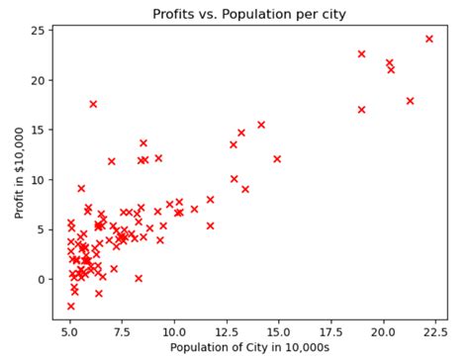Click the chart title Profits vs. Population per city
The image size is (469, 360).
pyautogui.click(x=248, y=14)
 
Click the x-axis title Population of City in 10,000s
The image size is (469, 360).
pyautogui.click(x=248, y=347)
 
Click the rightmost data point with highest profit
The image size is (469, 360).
pyautogui.click(x=428, y=39)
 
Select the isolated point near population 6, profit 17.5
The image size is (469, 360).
pyautogui.click(x=93, y=104)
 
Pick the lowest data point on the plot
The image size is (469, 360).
pyautogui.click(x=70, y=306)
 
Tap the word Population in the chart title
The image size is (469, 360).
pyautogui.click(x=261, y=14)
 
